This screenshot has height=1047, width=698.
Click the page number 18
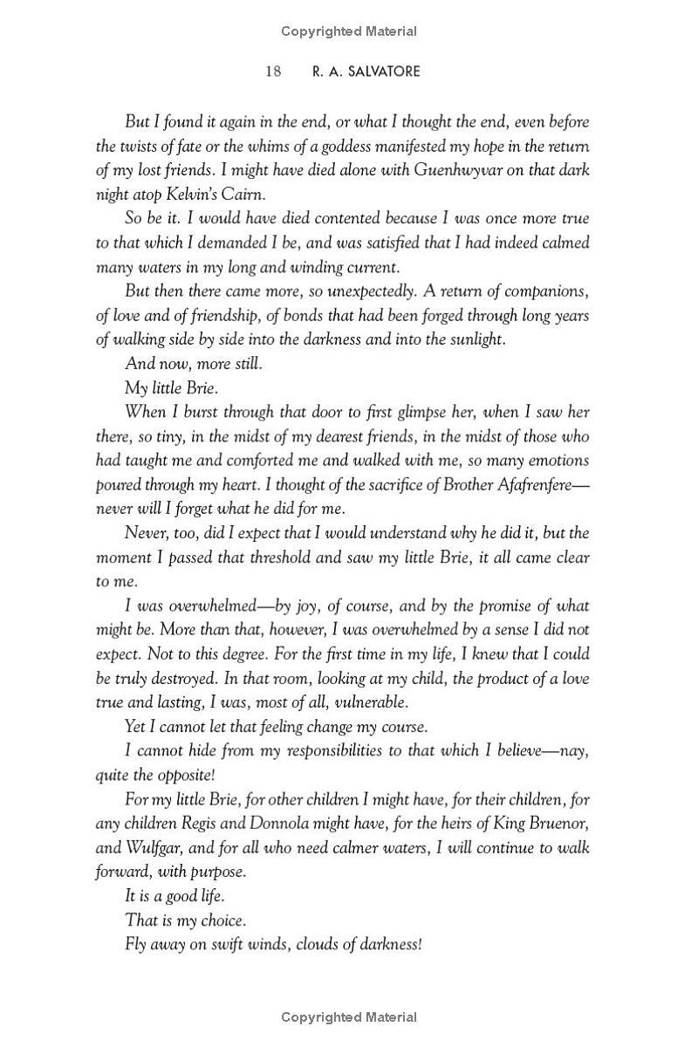pos(273,72)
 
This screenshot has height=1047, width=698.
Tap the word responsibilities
pos(307,751)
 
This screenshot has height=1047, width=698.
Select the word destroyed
pos(171,678)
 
